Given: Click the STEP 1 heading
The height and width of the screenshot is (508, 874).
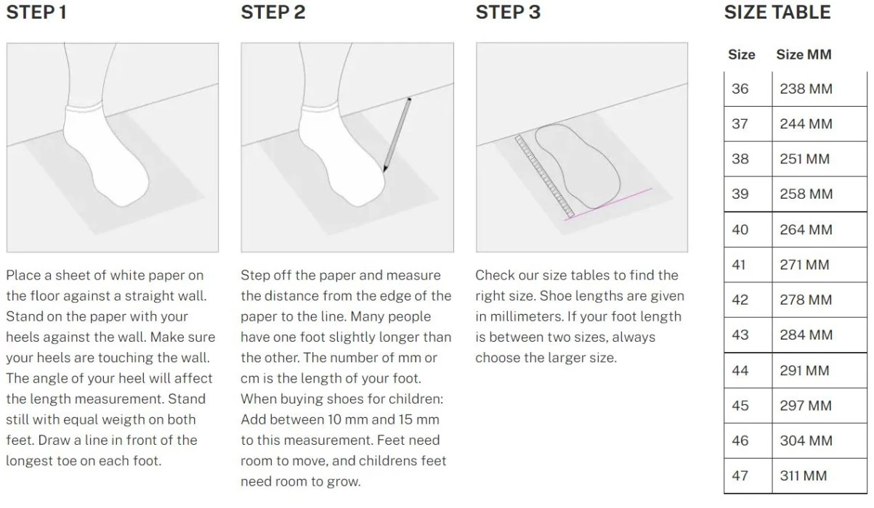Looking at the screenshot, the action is point(36,12).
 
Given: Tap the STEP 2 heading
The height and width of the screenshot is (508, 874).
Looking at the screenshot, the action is point(272,12).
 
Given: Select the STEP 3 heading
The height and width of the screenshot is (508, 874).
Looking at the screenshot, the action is point(508,12).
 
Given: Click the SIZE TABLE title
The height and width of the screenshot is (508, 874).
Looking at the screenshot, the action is point(777,12).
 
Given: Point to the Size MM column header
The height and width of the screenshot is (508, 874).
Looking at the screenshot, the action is point(804,54).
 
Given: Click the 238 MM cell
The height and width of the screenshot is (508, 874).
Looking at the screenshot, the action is point(806,89).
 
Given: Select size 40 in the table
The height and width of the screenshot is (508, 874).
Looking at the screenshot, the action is point(740,229).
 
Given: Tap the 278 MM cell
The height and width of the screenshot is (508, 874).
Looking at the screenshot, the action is point(806,300).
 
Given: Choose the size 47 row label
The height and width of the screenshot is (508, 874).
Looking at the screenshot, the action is point(740,475).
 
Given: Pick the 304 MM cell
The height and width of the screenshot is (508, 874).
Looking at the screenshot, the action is point(806,441).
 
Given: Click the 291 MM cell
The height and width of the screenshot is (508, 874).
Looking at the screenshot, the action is point(804,370).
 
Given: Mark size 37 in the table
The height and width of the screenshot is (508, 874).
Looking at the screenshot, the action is point(740,124).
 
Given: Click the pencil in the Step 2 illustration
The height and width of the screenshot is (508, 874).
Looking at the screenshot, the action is point(397,135).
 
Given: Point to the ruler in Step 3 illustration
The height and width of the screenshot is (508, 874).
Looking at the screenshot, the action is point(544,176).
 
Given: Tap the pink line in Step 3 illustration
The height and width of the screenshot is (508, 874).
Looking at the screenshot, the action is point(608,205).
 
